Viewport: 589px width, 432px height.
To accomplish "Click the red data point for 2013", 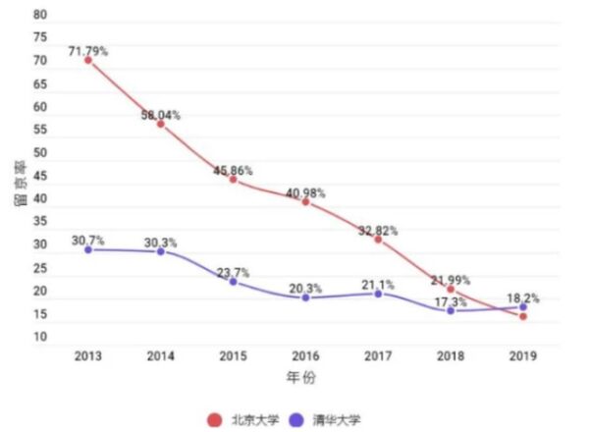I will pos(88,60).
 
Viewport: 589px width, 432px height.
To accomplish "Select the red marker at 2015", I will pos(233,180).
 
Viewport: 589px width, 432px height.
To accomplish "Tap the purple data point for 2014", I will pos(160,252).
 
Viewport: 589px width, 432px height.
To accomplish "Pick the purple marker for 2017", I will pos(378,295).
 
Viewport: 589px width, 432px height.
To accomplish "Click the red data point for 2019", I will pos(523,316).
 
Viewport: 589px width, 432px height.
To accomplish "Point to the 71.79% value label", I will pos(88,47).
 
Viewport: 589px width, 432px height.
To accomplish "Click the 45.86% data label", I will pos(233,170).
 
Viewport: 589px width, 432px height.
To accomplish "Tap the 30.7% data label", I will pos(88,240).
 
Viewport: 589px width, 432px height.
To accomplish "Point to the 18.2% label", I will pos(523,296).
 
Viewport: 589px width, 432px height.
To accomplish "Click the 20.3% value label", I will pos(305,288).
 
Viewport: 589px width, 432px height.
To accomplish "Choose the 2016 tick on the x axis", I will pos(305,354).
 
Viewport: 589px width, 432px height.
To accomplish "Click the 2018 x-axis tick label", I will pos(451,354).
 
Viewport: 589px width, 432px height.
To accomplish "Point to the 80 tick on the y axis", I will pos(39,16).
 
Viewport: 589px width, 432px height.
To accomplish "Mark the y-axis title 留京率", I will pos(19,188).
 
